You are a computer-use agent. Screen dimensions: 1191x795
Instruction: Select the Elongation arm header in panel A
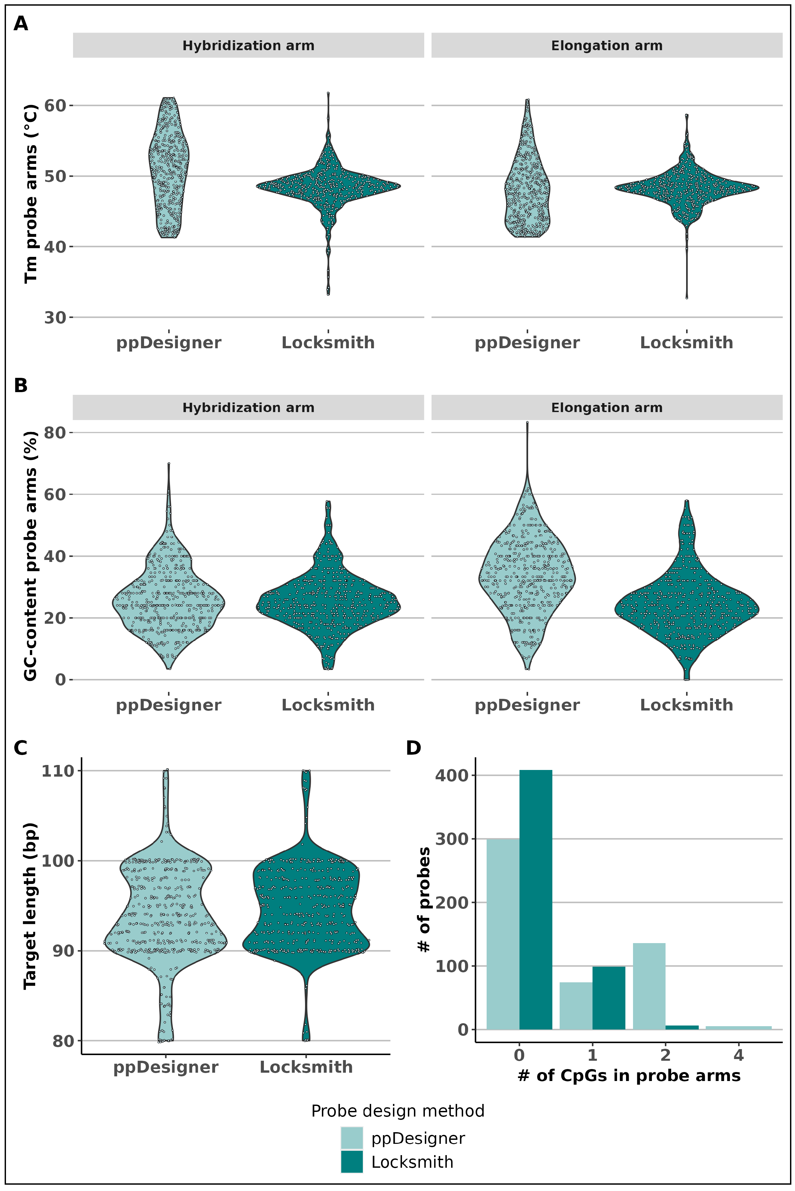click(x=606, y=46)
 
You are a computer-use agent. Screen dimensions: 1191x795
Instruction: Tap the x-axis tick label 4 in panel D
click(x=738, y=1055)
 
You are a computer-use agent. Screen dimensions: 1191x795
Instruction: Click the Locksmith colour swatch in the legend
click(x=352, y=1162)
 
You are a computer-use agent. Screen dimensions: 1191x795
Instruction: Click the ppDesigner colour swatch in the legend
click(x=352, y=1138)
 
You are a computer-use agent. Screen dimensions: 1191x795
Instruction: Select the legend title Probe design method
click(x=398, y=1111)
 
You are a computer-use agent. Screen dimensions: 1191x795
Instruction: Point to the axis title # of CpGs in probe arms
click(x=629, y=1076)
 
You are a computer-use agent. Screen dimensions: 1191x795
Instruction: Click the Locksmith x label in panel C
click(x=306, y=1067)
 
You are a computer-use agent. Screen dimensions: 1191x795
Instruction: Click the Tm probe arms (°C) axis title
click(x=31, y=193)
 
